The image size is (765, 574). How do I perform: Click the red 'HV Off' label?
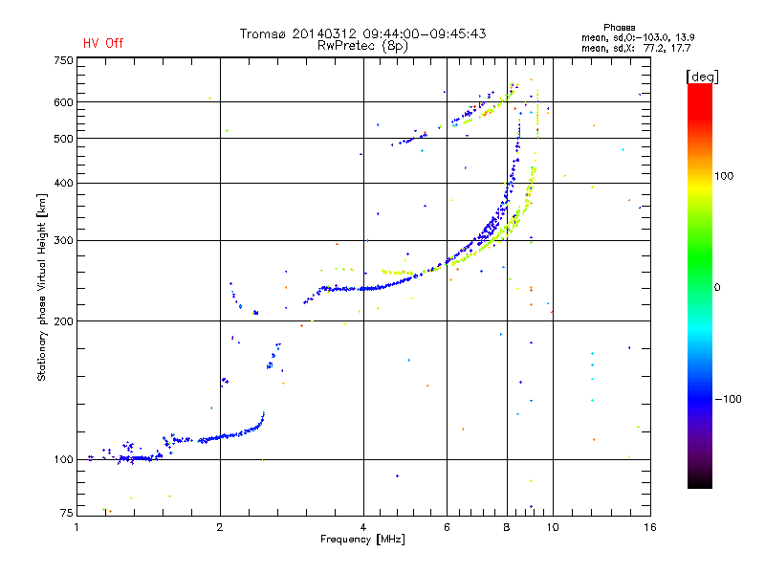click(x=103, y=43)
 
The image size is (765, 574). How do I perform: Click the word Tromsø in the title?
click(x=262, y=33)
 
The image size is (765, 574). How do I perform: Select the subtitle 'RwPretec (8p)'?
click(x=362, y=46)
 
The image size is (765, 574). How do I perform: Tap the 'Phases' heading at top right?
click(x=619, y=28)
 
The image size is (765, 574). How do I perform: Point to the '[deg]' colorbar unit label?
click(x=702, y=77)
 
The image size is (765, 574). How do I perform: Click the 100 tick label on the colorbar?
click(x=724, y=176)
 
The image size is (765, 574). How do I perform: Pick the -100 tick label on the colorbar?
click(x=728, y=399)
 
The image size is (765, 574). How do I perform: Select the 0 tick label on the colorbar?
click(x=717, y=288)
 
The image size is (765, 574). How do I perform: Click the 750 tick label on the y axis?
click(x=63, y=60)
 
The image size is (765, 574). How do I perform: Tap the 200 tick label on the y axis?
click(x=63, y=321)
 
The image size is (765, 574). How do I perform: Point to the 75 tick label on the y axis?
click(x=66, y=513)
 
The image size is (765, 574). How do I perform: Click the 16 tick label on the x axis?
click(x=650, y=527)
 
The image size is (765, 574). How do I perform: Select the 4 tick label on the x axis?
click(x=363, y=527)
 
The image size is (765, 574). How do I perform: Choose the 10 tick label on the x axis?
click(x=553, y=527)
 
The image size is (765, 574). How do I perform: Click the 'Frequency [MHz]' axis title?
click(x=362, y=540)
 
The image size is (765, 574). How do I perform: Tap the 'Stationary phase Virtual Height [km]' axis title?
click(x=42, y=288)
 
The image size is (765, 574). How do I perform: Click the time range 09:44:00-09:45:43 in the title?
click(x=425, y=33)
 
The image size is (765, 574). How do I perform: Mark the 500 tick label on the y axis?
click(x=63, y=139)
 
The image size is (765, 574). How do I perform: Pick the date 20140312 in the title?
click(x=324, y=33)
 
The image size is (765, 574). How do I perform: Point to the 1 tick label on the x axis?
click(x=76, y=527)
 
